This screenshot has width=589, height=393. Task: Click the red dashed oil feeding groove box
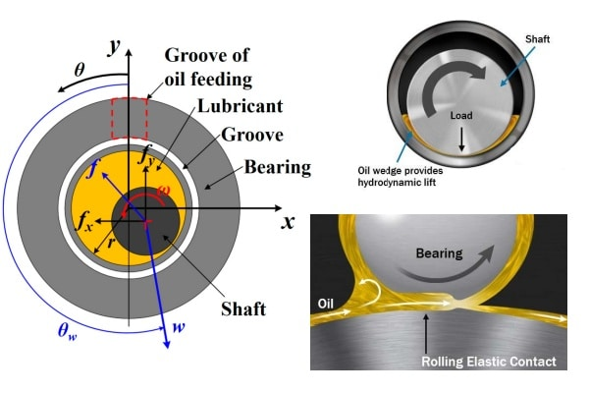pyautogui.click(x=112, y=119)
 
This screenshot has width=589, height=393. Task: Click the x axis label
pyautogui.click(x=288, y=222)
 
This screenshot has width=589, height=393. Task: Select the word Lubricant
pyautogui.click(x=241, y=106)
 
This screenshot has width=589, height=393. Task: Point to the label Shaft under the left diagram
pyautogui.click(x=243, y=309)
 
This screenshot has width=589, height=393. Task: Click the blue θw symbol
pyautogui.click(x=68, y=331)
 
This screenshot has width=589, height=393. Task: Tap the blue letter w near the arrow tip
pyautogui.click(x=179, y=327)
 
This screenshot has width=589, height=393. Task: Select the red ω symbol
pyautogui.click(x=164, y=190)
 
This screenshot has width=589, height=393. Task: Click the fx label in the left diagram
pyautogui.click(x=84, y=221)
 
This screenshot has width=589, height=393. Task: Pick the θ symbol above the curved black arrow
pyautogui.click(x=80, y=70)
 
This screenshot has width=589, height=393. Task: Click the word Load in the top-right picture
pyautogui.click(x=461, y=116)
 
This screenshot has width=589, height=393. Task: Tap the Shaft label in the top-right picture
pyautogui.click(x=538, y=39)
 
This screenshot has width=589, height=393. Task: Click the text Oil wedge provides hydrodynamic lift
pyautogui.click(x=401, y=177)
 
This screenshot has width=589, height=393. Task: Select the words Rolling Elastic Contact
pyautogui.click(x=489, y=362)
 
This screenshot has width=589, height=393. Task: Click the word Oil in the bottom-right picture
pyautogui.click(x=325, y=304)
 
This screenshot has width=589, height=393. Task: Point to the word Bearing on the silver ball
pyautogui.click(x=439, y=253)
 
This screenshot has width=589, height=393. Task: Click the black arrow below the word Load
pyautogui.click(x=461, y=140)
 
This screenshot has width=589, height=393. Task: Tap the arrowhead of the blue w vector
pyautogui.click(x=167, y=344)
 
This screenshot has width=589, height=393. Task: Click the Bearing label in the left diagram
pyautogui.click(x=278, y=168)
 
